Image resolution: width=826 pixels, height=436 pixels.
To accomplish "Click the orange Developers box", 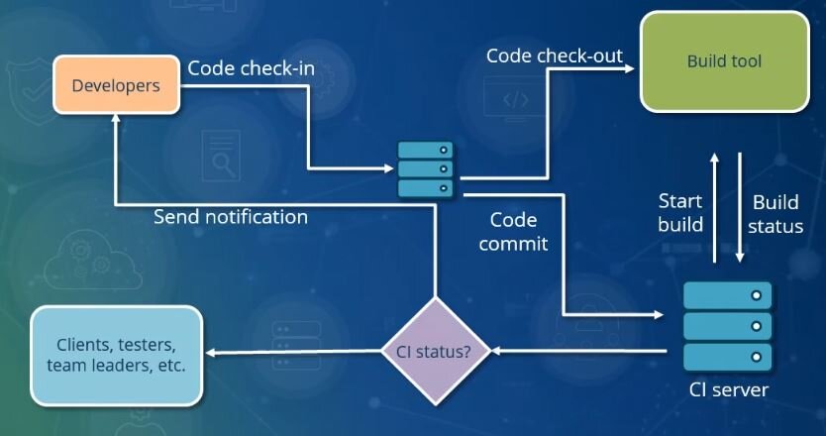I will (x=116, y=86).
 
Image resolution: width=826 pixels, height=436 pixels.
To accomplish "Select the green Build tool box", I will (x=724, y=61).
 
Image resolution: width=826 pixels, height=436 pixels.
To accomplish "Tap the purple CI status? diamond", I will (x=435, y=351).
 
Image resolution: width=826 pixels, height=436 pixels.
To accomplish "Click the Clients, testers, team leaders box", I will (x=116, y=355).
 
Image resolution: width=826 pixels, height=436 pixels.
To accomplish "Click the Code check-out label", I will (x=554, y=54).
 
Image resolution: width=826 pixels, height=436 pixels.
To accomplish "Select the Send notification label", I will (x=230, y=216).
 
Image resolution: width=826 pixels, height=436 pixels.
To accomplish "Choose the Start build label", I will (x=680, y=213).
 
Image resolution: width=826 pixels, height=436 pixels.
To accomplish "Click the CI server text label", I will (x=729, y=389).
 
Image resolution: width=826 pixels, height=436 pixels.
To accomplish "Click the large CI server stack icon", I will (x=728, y=324).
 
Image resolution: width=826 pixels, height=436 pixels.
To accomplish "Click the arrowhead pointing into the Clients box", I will (x=210, y=352).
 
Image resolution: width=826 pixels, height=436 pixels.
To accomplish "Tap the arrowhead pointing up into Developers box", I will (x=116, y=119).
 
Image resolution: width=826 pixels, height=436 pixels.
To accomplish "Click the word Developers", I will (x=116, y=86).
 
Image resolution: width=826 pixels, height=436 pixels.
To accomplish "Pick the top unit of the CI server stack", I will (x=728, y=295).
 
